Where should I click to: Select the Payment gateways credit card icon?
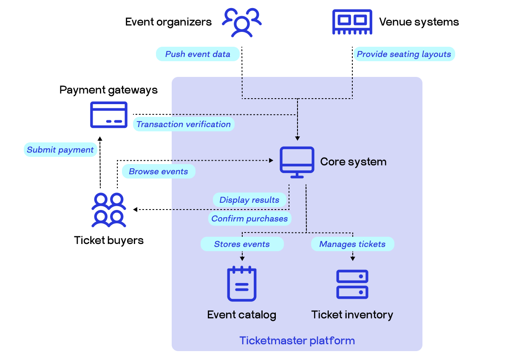click(x=109, y=115)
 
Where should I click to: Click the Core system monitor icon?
click(x=297, y=162)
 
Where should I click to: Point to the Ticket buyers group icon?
click(x=109, y=210)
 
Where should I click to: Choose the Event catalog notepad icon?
click(x=242, y=283)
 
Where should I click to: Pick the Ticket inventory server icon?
click(x=352, y=284)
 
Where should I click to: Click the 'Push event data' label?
click(x=198, y=54)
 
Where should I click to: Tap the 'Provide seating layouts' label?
click(x=404, y=54)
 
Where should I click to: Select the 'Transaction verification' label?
click(x=184, y=125)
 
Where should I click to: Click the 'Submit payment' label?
click(x=60, y=150)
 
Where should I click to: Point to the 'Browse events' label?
click(x=159, y=172)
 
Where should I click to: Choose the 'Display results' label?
click(x=249, y=200)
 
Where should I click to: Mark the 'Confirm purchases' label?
click(x=249, y=219)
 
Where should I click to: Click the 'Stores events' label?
click(x=242, y=244)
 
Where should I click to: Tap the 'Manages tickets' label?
click(x=352, y=244)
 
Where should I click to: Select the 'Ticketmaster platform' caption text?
click(x=297, y=340)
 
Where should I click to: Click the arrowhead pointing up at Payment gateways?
click(x=100, y=139)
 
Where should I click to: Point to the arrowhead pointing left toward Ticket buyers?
click(x=136, y=210)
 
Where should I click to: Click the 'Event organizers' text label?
click(x=168, y=22)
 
